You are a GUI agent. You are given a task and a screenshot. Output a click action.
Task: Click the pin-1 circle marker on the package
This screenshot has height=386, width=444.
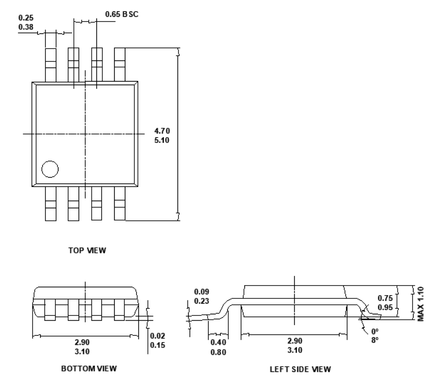50,169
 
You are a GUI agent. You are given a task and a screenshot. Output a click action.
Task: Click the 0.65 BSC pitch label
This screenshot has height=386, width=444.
122,14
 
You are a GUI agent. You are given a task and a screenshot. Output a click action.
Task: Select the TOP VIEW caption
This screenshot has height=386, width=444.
87,250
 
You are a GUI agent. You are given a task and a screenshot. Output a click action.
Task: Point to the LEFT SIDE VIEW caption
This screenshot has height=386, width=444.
300,369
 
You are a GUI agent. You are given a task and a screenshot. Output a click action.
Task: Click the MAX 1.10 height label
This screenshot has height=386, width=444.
421,304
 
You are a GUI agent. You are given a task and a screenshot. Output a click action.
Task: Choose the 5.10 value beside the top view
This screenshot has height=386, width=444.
162,140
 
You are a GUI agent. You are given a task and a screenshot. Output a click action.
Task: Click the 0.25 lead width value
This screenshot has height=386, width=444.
26,18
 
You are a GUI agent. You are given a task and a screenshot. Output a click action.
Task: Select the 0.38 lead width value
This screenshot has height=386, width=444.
26,27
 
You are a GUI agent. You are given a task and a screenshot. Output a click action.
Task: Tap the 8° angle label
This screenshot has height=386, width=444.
375,340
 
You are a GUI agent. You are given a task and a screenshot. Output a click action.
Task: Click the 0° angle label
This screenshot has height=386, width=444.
375,331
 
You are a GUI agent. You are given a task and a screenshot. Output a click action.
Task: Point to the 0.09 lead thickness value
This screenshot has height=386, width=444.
201,292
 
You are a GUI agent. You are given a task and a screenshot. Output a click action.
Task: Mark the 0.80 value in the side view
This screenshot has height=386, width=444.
218,352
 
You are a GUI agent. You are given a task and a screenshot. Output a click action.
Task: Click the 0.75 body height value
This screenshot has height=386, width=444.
385,298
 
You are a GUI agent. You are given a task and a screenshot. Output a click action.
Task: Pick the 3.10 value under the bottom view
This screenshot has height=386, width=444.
82,352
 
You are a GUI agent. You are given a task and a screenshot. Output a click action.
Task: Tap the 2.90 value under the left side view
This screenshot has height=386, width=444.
295,340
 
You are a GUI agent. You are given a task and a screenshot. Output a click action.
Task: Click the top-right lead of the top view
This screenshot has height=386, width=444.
120,64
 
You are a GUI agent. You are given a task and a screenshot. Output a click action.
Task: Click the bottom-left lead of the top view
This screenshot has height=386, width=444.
50,204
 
